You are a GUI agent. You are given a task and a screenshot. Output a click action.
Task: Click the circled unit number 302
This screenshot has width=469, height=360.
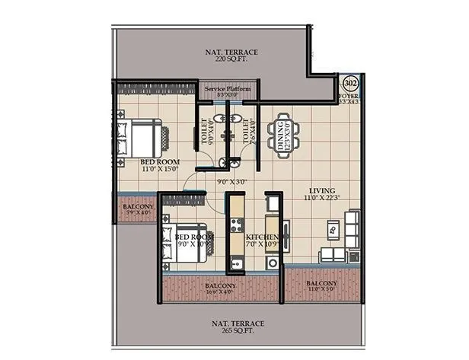coord(351,82)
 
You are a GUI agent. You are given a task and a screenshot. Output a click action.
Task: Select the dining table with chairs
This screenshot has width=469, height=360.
coord(284,135)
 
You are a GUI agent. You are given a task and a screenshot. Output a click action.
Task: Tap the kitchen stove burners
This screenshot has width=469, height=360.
coord(236,225)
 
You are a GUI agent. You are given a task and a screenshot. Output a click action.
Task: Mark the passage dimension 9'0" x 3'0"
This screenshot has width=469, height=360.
coord(232,182)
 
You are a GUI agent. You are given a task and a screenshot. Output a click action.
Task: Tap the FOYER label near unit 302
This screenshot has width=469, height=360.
coord(351,97)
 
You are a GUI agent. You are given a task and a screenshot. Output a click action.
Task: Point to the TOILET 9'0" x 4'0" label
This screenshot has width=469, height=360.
coord(203,130)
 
